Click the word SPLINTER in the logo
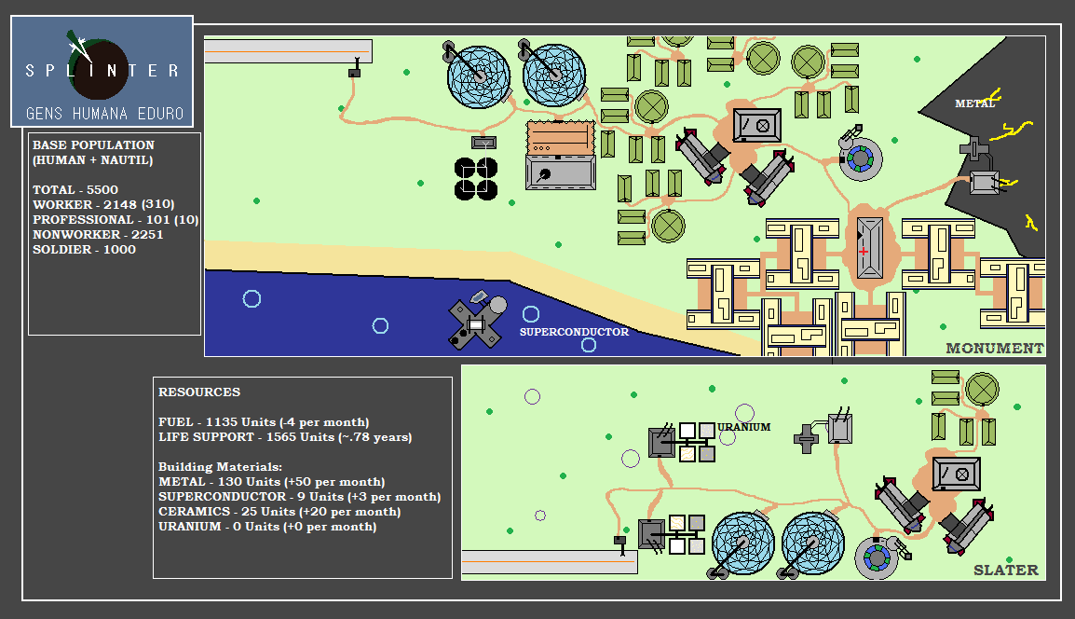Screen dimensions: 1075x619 102,71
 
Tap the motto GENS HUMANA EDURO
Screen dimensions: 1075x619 105,113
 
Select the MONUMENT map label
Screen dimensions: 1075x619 995,348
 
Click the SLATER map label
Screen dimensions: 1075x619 1006,570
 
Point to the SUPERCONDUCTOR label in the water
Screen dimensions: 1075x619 574,332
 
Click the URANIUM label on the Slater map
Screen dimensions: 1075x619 744,427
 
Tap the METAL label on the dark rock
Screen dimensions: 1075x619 975,103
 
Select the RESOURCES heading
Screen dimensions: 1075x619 199,392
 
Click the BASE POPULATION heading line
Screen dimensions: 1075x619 93,144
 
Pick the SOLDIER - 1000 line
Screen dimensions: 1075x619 85,249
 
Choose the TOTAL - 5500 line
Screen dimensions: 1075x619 75,189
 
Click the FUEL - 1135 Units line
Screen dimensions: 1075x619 264,422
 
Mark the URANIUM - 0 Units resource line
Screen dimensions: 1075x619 267,527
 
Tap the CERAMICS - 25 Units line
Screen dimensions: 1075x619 279,511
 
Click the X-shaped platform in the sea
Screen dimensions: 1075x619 476,323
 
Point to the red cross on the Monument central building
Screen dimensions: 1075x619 864,251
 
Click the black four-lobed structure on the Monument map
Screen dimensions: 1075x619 476,179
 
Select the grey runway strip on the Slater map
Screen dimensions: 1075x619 550,562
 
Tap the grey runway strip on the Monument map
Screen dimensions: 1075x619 288,51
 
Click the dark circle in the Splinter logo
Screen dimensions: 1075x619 100,69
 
